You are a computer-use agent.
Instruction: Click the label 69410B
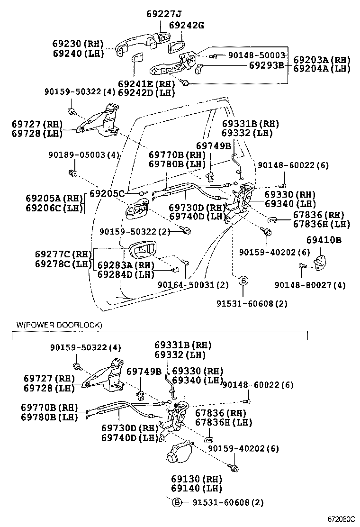(x=324, y=240)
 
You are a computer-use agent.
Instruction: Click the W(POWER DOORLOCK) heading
(x=59, y=325)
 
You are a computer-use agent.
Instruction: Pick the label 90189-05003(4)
(x=83, y=155)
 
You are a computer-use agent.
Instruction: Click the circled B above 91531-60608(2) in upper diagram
(x=243, y=281)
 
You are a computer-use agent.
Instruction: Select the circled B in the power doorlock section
(x=177, y=502)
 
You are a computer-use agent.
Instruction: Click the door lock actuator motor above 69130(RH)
(x=179, y=452)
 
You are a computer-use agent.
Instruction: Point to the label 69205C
(x=107, y=193)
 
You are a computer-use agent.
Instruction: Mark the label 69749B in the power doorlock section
(x=144, y=371)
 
